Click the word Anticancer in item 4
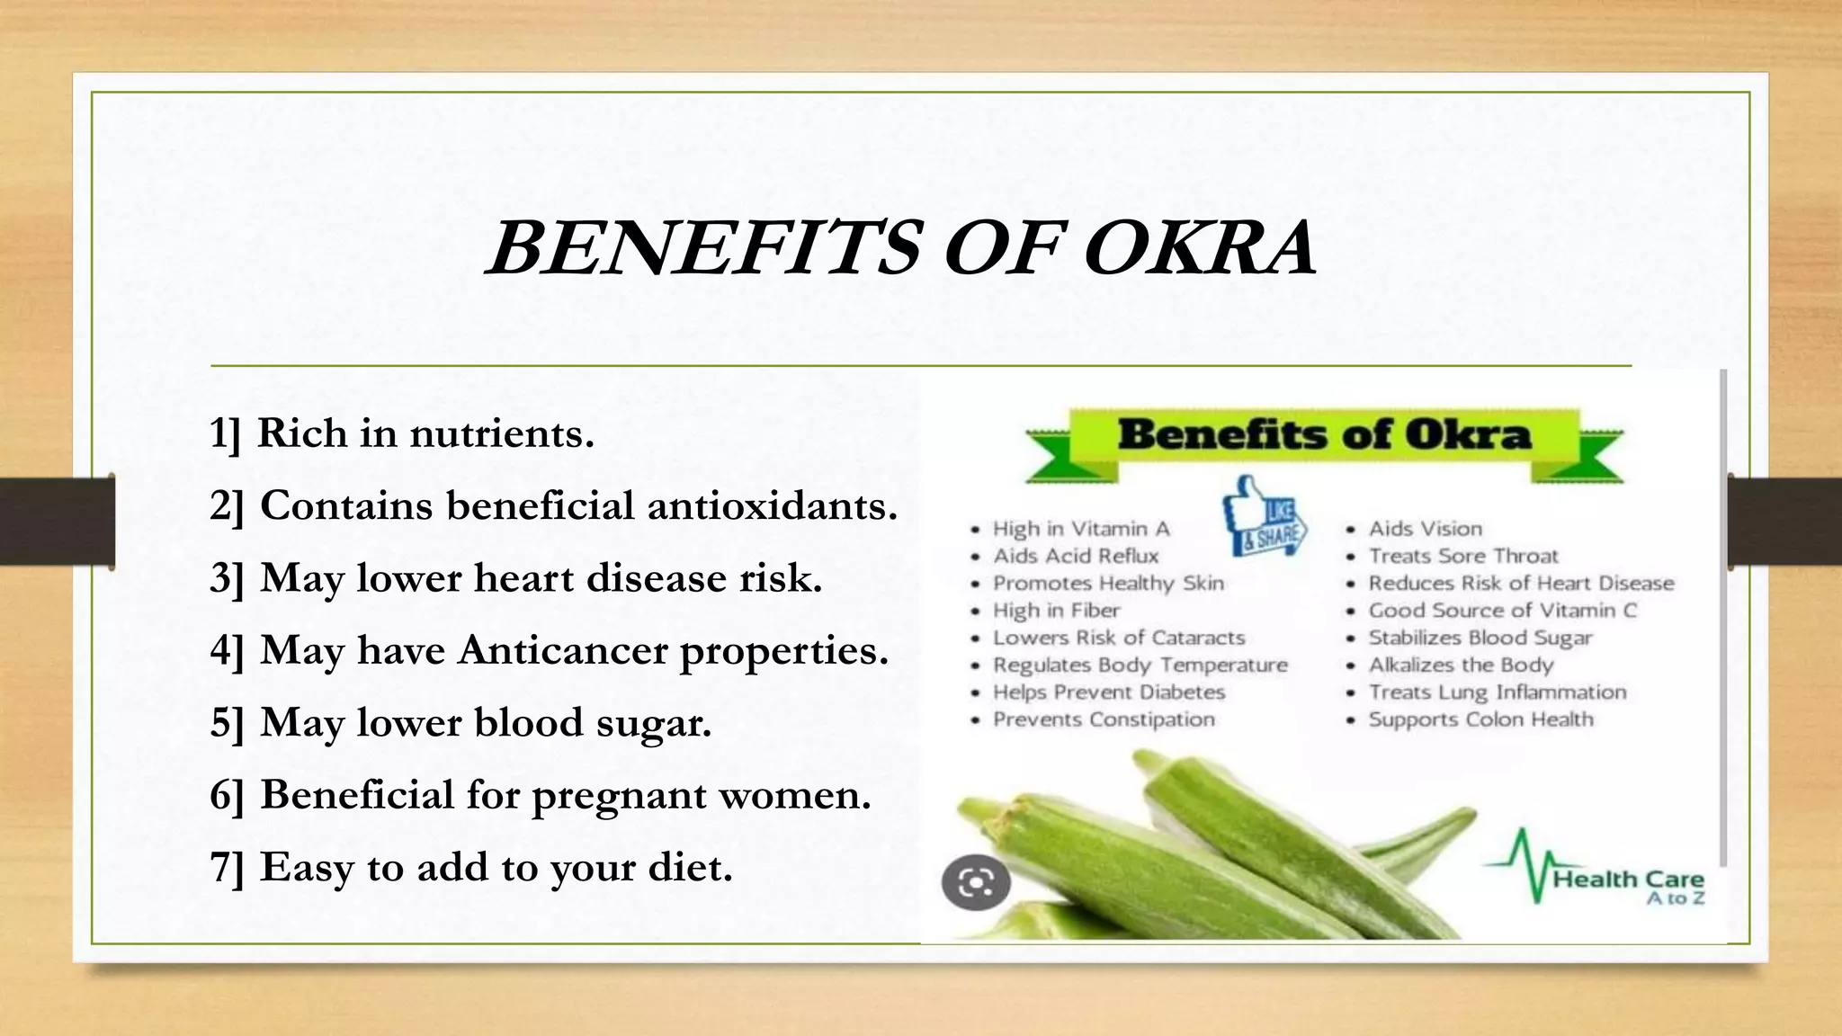pos(563,650)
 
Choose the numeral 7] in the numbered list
pos(227,868)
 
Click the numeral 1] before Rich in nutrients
pos(225,434)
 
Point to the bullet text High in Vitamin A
pos(1080,529)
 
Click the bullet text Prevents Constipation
pos(1104,719)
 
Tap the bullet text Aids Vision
pos(1425,529)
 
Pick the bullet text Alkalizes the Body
pos(1461,665)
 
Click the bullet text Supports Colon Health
pos(1480,719)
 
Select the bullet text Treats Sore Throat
pos(1462,556)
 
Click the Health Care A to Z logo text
pos(1628,885)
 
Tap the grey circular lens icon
pos(976,882)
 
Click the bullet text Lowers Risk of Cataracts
pos(1118,638)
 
